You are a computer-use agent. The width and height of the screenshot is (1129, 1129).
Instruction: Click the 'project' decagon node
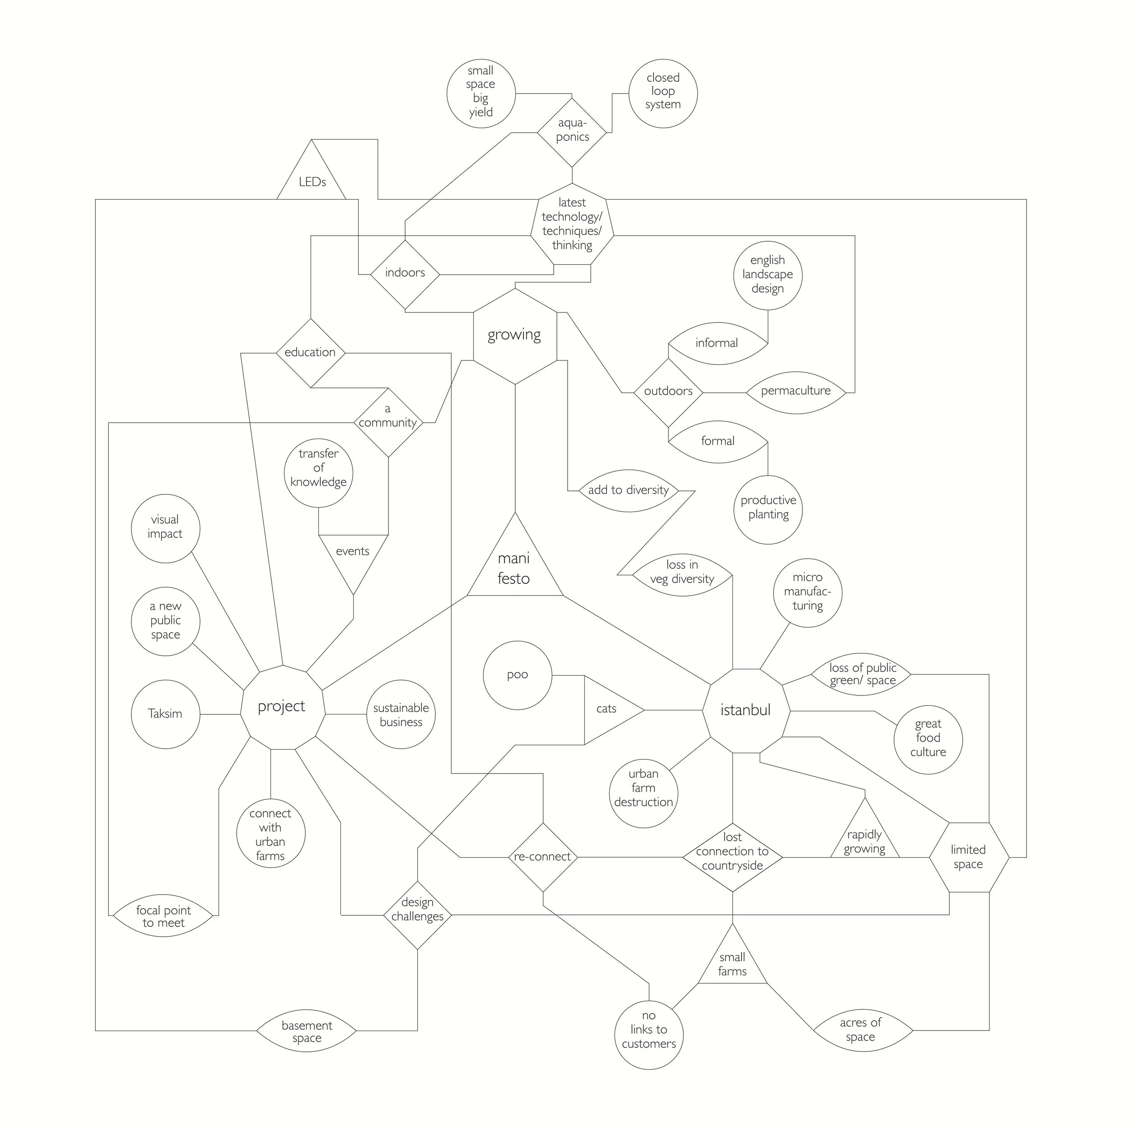pyautogui.click(x=282, y=707)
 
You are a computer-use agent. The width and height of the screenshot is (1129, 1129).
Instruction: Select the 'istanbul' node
pyautogui.click(x=746, y=710)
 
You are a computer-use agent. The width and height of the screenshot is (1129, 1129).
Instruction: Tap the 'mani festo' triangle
pyautogui.click(x=515, y=567)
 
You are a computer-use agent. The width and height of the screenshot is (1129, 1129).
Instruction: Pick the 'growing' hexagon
pyautogui.click(x=515, y=336)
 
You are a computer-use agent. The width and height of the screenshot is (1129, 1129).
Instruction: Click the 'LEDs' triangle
pyautogui.click(x=312, y=178)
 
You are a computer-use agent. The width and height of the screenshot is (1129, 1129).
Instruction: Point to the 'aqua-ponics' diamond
pyautogui.click(x=572, y=132)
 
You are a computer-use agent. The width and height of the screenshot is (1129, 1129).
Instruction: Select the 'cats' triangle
pyautogui.click(x=608, y=709)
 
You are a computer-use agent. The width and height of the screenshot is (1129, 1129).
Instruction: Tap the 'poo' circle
pyautogui.click(x=517, y=675)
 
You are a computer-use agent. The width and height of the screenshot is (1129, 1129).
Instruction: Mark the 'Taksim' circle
pyautogui.click(x=165, y=714)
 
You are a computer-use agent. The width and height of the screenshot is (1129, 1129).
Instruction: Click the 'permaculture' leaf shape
pyautogui.click(x=795, y=392)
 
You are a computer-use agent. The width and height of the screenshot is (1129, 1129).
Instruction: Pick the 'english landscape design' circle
pyautogui.click(x=767, y=275)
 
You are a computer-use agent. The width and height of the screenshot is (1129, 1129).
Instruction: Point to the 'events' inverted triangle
pyautogui.click(x=353, y=555)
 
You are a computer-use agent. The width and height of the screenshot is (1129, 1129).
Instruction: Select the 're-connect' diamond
pyautogui.click(x=543, y=857)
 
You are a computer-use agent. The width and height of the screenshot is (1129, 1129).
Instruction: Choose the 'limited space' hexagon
pyautogui.click(x=968, y=857)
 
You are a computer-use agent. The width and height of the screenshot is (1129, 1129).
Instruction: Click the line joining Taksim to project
pyautogui.click(x=220, y=714)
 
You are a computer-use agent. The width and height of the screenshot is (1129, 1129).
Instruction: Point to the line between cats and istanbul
pyautogui.click(x=673, y=710)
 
